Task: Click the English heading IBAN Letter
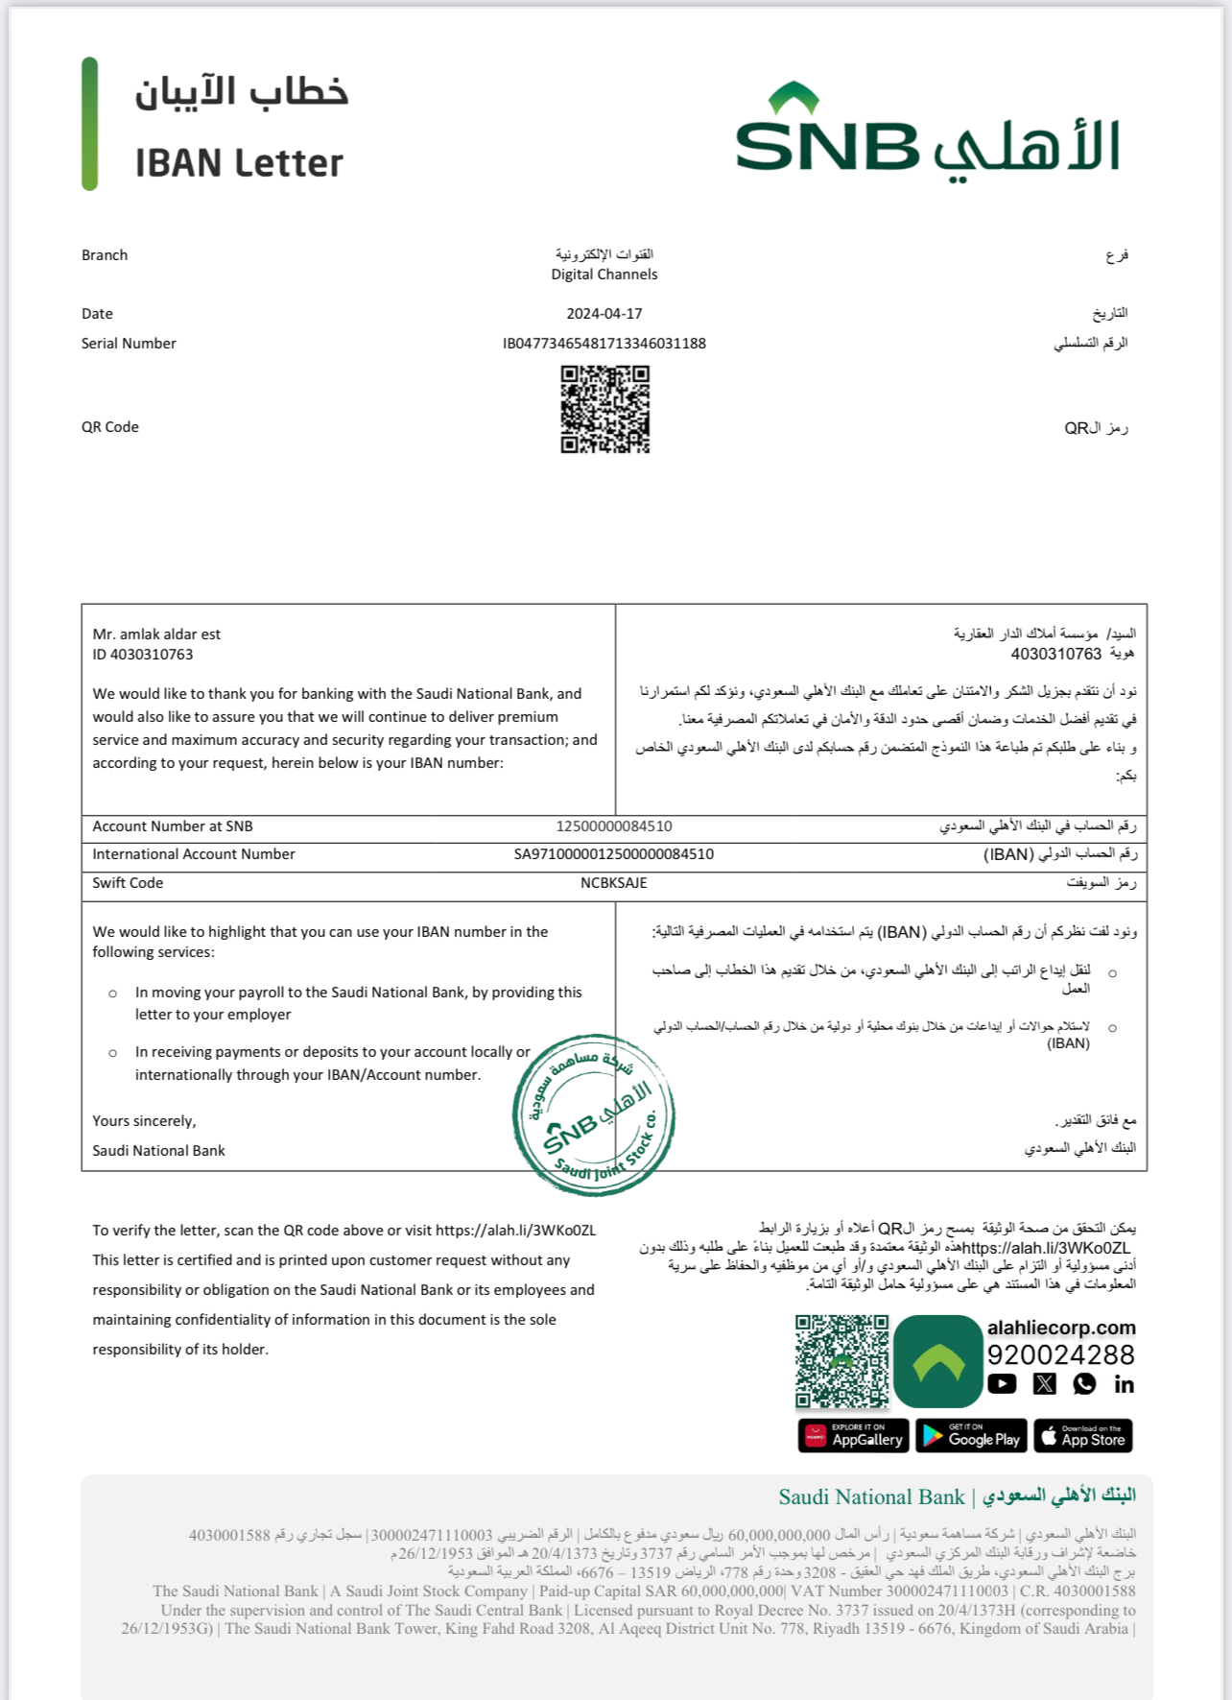[x=239, y=163]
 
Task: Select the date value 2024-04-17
[x=604, y=314]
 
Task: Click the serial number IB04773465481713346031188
[x=604, y=344]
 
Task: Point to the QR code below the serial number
[x=605, y=409]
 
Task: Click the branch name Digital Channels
[x=604, y=275]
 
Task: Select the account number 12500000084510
[x=614, y=826]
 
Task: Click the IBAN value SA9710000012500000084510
[x=614, y=854]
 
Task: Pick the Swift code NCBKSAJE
[x=614, y=883]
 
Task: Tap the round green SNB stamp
[x=594, y=1115]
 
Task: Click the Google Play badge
[x=971, y=1436]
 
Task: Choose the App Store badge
[x=1083, y=1436]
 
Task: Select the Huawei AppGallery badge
[x=853, y=1436]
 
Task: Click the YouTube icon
[x=1002, y=1384]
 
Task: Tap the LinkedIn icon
[x=1124, y=1384]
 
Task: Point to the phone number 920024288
[x=1061, y=1355]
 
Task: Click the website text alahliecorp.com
[x=1061, y=1328]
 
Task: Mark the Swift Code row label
[x=128, y=883]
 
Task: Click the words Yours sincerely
[x=144, y=1121]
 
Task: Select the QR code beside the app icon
[x=842, y=1362]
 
